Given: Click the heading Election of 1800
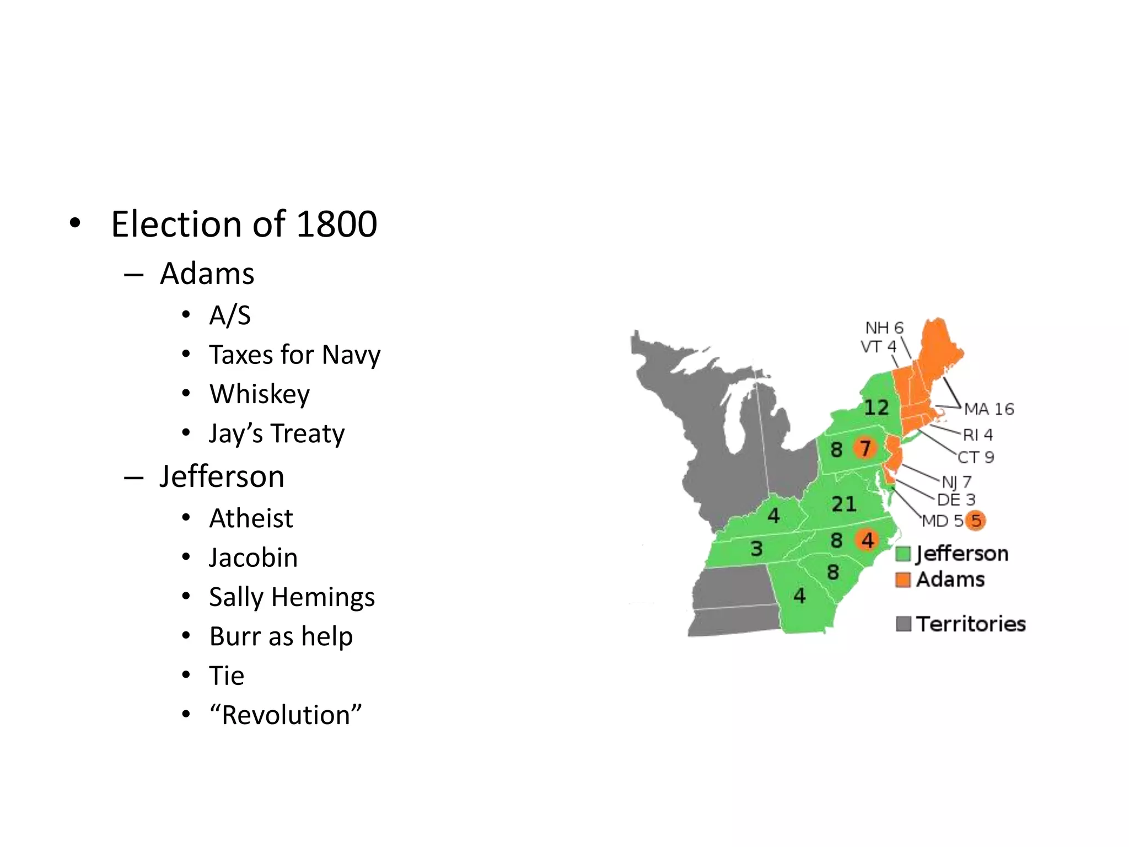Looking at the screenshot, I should [x=244, y=224].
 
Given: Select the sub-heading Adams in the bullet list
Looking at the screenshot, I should [x=207, y=274].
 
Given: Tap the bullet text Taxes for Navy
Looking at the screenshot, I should [x=294, y=355].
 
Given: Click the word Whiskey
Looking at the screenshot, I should [x=260, y=394].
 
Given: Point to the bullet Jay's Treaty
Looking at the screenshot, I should [x=277, y=433].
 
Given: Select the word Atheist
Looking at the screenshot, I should [x=251, y=518].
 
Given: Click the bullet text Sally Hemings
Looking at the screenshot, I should [x=292, y=597].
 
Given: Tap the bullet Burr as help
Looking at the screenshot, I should [x=281, y=636].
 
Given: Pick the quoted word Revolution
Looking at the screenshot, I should [x=286, y=715].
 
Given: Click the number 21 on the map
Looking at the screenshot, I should [x=843, y=504].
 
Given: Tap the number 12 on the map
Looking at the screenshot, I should [x=876, y=408].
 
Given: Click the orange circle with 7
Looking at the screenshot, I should [x=865, y=448].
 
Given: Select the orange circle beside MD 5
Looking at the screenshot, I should [x=976, y=520].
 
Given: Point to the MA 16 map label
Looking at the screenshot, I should [x=989, y=409].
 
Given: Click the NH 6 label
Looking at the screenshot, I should [x=884, y=328].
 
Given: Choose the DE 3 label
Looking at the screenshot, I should [x=956, y=500].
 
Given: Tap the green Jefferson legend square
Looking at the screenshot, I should [x=903, y=554].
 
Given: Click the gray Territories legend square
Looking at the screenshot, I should [x=903, y=624].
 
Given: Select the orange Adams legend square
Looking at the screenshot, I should [x=903, y=580].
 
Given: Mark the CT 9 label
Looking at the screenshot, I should [x=976, y=457].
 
